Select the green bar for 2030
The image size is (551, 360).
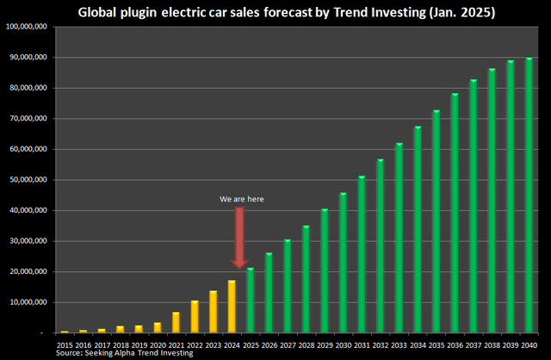click(344, 263)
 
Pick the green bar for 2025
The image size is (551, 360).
click(251, 300)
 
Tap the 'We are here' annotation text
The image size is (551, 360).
click(241, 199)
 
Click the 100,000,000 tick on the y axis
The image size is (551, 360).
click(28, 27)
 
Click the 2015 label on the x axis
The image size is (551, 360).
click(65, 344)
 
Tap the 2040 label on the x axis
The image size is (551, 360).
click(529, 344)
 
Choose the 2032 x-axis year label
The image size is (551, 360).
click(381, 344)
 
